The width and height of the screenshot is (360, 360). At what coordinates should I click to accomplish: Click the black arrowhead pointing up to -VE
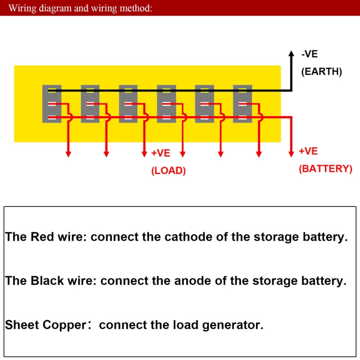(291, 54)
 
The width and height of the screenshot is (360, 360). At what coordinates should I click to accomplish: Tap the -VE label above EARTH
(309, 54)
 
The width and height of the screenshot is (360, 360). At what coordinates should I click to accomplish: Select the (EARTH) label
(321, 72)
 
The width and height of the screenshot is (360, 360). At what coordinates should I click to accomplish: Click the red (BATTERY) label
(325, 168)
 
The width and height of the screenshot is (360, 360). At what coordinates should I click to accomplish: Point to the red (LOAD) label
(168, 170)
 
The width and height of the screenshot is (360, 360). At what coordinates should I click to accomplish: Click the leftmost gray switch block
(52, 104)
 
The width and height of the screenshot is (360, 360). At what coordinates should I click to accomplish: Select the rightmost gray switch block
(242, 104)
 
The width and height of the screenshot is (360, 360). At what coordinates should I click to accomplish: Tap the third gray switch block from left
(128, 104)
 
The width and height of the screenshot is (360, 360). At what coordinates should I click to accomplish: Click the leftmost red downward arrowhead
(68, 154)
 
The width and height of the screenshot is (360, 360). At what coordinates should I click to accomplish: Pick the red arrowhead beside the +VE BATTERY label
(291, 154)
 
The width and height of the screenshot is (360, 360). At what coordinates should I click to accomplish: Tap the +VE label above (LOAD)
(161, 153)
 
